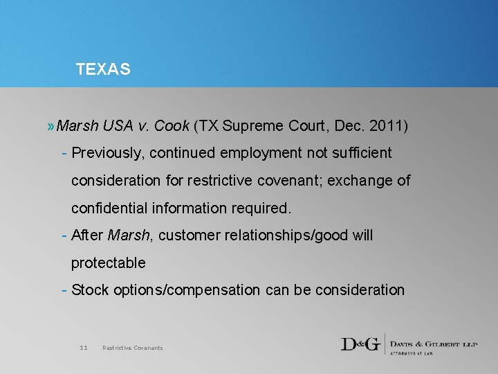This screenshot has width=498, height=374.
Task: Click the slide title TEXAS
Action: tap(103, 69)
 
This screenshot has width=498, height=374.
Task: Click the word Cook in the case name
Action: tap(172, 126)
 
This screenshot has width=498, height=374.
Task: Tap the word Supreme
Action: tap(253, 126)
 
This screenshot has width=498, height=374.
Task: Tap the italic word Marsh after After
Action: tap(129, 235)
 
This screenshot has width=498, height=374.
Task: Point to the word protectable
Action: tap(108, 263)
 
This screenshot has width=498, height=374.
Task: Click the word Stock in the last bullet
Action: tap(90, 290)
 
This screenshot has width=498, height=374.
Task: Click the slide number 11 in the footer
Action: tap(84, 348)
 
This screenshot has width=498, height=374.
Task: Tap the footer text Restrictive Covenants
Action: tap(132, 348)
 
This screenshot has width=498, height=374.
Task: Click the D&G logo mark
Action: tap(360, 344)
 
